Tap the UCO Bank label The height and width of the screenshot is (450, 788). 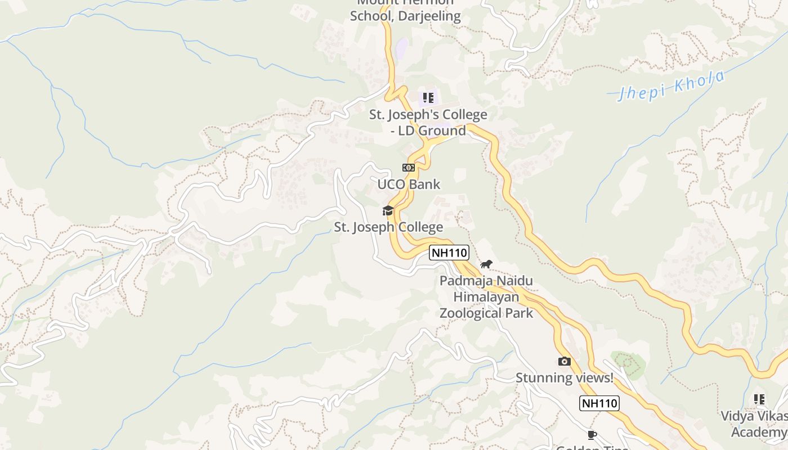click(409, 184)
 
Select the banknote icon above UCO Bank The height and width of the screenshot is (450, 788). click(408, 168)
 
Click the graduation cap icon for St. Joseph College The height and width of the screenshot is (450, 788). click(388, 211)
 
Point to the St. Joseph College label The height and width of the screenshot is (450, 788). click(388, 227)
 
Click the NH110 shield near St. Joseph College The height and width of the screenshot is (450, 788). click(449, 253)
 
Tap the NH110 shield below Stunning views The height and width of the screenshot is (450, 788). click(599, 403)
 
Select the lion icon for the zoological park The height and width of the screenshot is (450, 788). click(486, 264)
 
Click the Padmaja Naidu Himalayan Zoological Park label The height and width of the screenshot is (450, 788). click(486, 296)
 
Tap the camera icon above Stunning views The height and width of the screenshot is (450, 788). click(564, 361)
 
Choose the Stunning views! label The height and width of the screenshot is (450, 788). click(565, 377)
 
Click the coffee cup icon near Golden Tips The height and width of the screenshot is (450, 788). click(592, 435)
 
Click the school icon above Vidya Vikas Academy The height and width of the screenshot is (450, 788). click(759, 399)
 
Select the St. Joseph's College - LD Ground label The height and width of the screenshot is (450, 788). click(428, 123)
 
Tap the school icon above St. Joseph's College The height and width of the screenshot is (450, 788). click(428, 98)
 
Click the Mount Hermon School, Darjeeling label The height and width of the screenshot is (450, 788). click(405, 9)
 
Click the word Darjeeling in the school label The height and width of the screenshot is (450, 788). click(429, 16)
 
